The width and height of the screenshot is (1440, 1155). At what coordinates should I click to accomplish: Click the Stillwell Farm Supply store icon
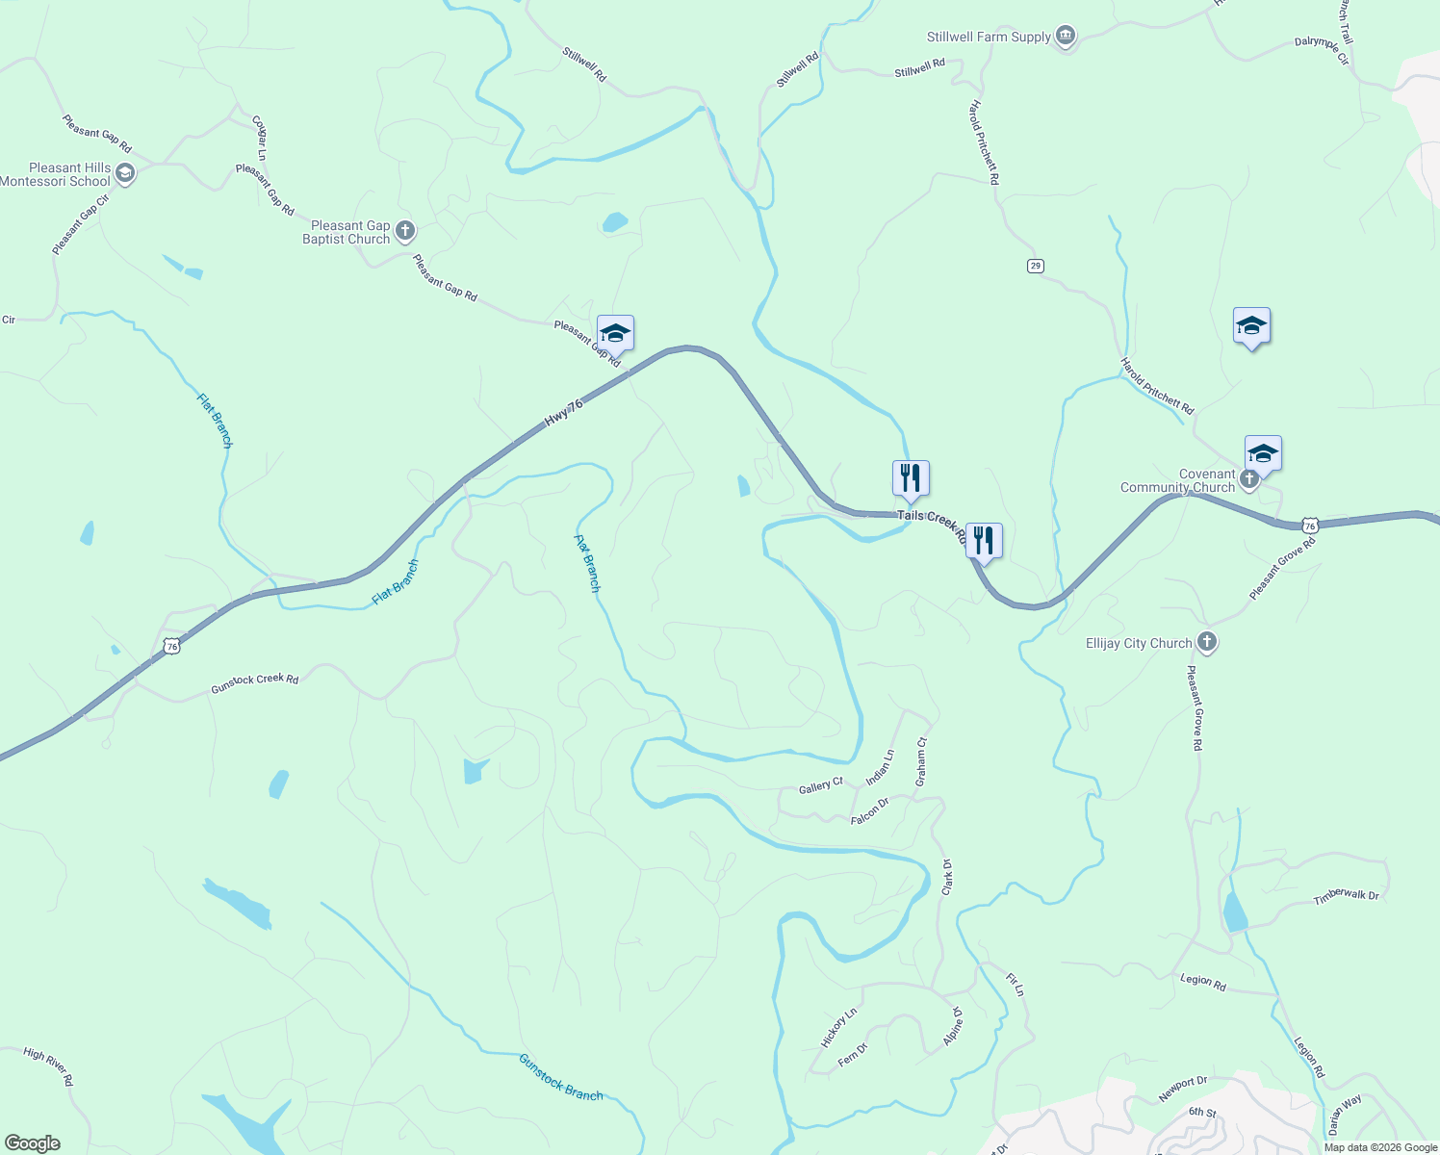1065,37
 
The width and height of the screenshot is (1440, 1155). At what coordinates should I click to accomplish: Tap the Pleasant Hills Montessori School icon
124,173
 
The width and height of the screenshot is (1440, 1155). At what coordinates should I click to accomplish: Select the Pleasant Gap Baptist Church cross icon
405,231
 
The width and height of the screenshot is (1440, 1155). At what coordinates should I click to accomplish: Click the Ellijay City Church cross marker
1207,642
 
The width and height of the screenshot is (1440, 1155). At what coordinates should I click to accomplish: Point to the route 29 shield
1035,266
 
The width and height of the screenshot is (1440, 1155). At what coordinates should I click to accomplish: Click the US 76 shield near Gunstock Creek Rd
171,646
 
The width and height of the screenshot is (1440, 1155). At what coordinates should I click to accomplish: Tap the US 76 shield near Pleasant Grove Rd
1309,525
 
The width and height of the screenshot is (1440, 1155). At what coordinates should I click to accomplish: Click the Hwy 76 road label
564,413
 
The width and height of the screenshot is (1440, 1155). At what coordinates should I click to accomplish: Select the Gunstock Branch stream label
560,1077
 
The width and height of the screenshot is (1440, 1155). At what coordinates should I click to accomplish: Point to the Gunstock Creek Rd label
255,682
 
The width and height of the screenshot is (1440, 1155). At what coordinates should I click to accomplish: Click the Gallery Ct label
820,786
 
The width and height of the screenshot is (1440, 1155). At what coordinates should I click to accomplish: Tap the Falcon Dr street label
869,811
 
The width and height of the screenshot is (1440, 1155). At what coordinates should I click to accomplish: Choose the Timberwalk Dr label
1346,896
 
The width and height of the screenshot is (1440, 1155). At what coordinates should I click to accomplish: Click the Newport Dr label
1182,1089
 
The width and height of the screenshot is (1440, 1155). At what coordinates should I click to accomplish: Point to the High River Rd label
48,1066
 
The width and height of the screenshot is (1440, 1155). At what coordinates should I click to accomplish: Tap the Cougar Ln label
259,138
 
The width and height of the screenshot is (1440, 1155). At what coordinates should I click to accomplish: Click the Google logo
32,1143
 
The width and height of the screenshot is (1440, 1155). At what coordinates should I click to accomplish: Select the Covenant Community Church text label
1177,480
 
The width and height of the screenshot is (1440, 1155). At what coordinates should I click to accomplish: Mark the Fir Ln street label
1015,985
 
